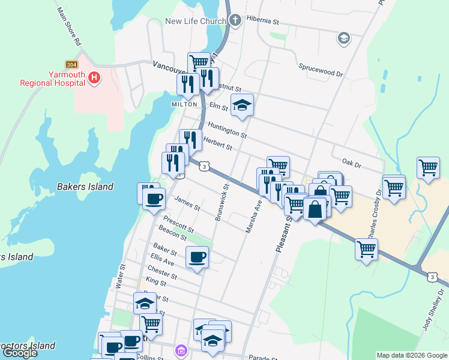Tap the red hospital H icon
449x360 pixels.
94,77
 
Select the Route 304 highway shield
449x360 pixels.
71,64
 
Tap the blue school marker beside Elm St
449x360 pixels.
242,106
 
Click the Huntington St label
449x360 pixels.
226,129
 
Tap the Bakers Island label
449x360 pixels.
85,187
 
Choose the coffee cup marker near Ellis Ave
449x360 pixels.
197,257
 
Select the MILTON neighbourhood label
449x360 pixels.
184,104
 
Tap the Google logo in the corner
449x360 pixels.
20,353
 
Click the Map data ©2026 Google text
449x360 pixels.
412,355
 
